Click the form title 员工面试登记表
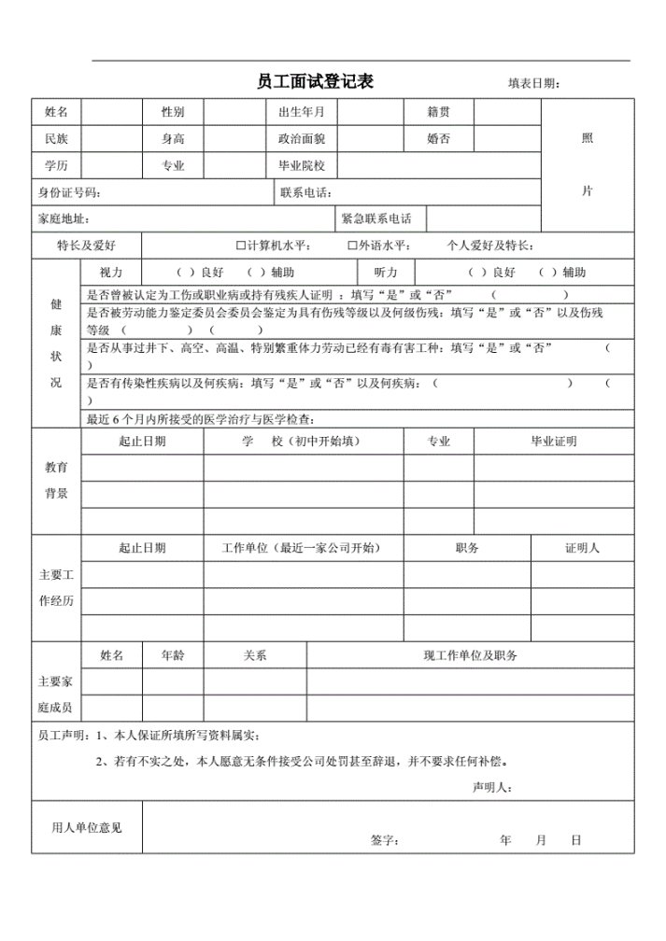point(315,81)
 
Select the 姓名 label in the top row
point(56,112)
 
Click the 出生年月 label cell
point(301,112)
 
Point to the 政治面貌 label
point(301,139)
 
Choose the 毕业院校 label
point(301,166)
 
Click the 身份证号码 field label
point(69,192)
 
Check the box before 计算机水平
point(241,246)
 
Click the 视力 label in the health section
point(110,273)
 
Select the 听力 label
point(386,273)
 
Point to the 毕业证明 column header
point(553,441)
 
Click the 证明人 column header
point(582,548)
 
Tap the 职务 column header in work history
point(467,548)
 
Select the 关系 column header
point(255,655)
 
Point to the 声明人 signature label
point(491,787)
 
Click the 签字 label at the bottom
point(384,840)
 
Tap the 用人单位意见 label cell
point(86,827)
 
